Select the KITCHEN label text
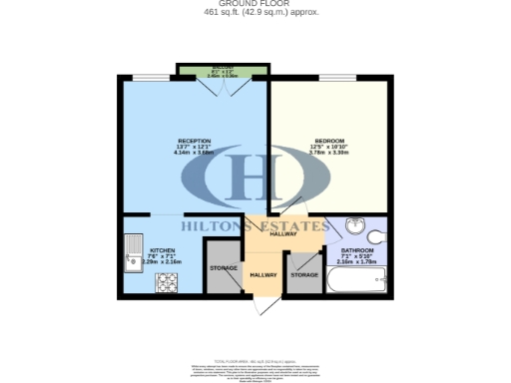click(x=163, y=250)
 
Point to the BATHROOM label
click(x=356, y=250)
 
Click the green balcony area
click(x=222, y=70)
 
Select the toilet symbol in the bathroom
click(x=378, y=236)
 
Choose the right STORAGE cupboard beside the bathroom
click(x=303, y=273)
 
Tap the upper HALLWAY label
click(x=283, y=233)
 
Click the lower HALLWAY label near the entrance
click(x=263, y=274)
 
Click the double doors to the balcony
click(x=222, y=86)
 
